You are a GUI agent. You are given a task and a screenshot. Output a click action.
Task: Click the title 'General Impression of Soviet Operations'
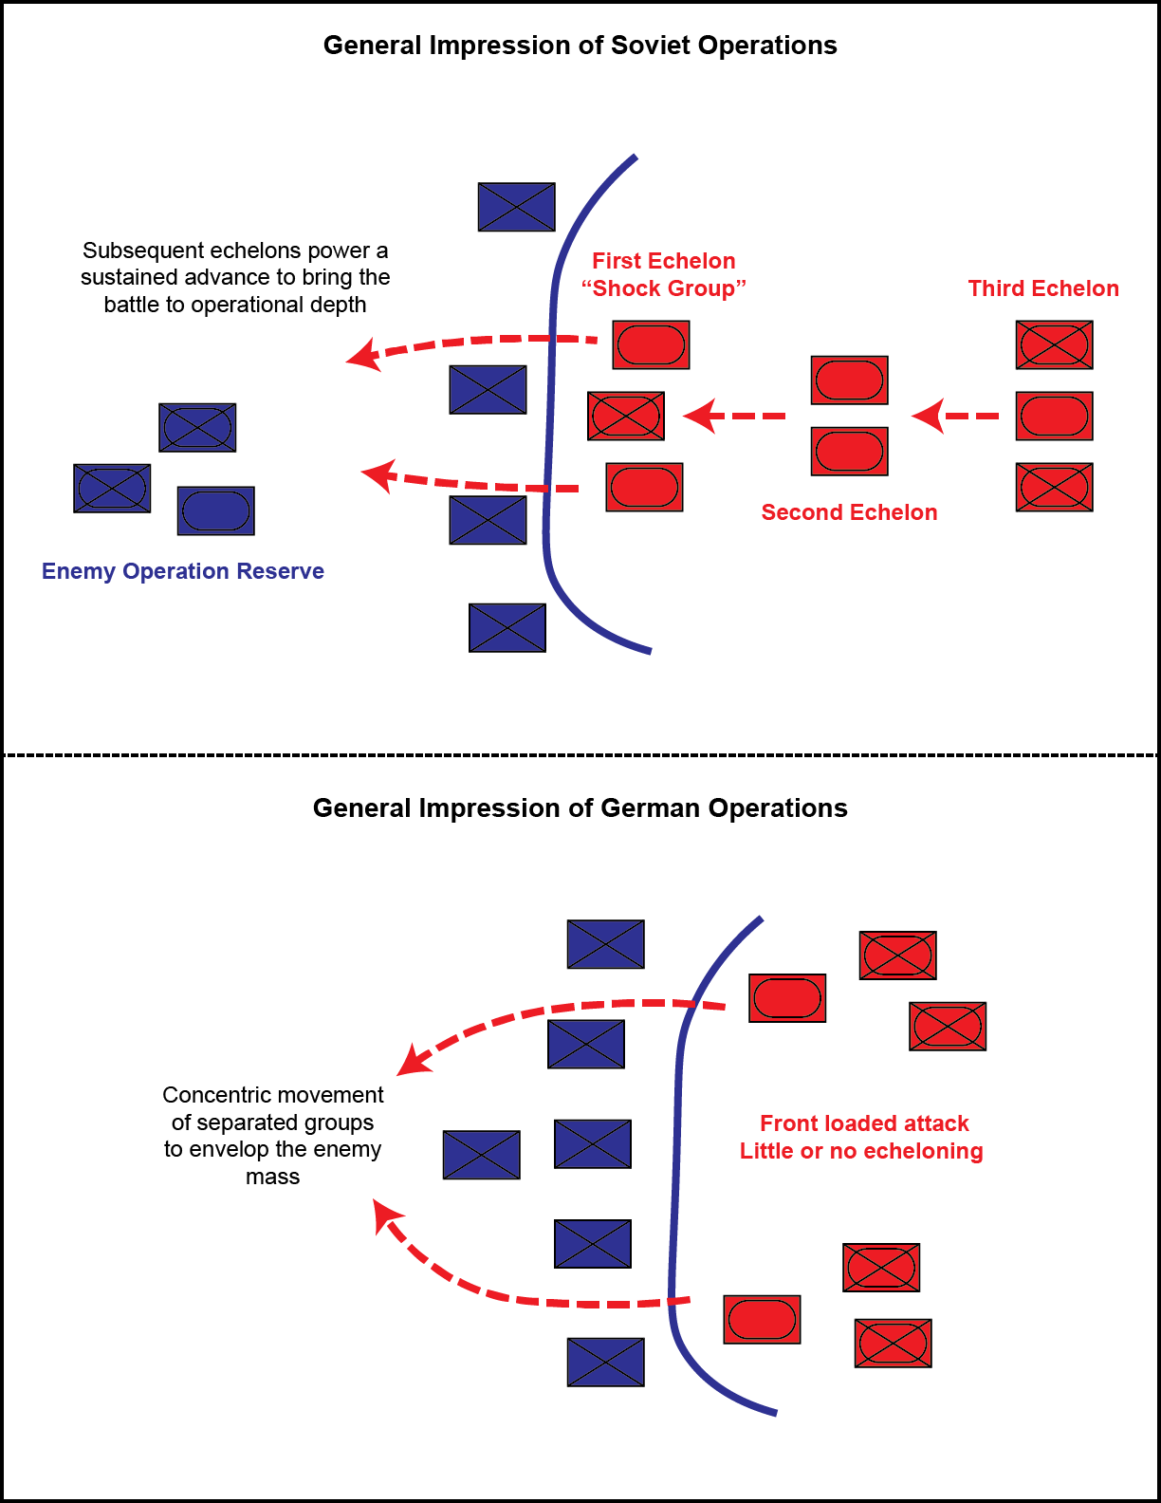click(580, 46)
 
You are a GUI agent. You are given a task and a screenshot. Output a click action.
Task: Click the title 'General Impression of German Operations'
click(580, 808)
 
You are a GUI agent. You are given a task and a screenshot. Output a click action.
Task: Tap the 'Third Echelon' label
click(1043, 288)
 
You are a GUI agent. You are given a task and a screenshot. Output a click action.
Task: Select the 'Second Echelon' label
click(849, 512)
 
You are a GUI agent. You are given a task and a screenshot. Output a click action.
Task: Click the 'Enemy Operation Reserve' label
click(183, 571)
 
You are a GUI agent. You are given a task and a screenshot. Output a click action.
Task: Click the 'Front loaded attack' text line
click(864, 1123)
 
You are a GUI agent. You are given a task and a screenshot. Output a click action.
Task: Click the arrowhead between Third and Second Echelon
click(928, 416)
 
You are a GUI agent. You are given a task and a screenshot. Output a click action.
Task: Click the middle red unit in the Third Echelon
click(1054, 416)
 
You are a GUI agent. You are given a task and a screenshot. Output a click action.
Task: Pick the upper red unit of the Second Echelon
click(849, 380)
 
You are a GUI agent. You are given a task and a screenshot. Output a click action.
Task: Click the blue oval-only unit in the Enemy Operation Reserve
click(215, 510)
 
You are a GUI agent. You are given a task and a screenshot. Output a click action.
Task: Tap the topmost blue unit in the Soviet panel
click(516, 207)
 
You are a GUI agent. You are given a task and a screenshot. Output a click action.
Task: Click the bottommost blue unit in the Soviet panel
click(507, 627)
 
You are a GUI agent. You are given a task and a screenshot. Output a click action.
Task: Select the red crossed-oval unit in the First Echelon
click(625, 416)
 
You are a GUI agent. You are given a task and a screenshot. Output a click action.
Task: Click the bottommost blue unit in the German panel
click(605, 1362)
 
